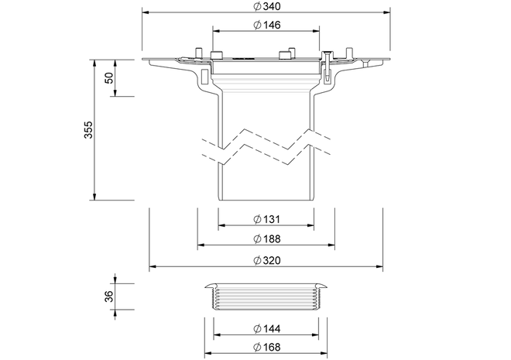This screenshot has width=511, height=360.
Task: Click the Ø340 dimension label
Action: [266, 6]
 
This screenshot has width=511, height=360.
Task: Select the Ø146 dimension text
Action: [266, 25]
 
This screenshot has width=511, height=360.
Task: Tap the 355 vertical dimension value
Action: [88, 129]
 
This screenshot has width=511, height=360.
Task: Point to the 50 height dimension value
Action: [110, 78]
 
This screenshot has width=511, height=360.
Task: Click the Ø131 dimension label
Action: [266, 219]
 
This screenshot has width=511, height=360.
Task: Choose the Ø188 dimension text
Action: [266, 238]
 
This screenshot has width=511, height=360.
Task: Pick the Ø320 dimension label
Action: [266, 260]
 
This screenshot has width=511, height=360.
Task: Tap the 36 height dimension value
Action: [110, 297]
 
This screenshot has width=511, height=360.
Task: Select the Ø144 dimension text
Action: [266, 328]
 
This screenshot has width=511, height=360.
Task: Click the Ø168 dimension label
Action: [266, 347]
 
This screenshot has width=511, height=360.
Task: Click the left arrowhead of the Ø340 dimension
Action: [146, 12]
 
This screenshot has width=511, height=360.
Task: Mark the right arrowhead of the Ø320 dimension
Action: [379, 266]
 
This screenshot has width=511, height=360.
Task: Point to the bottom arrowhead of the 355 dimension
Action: [94, 197]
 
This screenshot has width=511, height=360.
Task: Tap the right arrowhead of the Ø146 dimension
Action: [316, 31]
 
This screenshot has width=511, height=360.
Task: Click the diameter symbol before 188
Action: [258, 238]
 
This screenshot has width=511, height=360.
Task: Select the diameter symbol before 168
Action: [258, 347]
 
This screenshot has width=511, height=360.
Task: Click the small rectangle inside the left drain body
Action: [205, 76]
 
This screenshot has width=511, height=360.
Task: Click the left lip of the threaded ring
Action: [211, 286]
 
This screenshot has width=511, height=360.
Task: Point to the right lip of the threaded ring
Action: [321, 286]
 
